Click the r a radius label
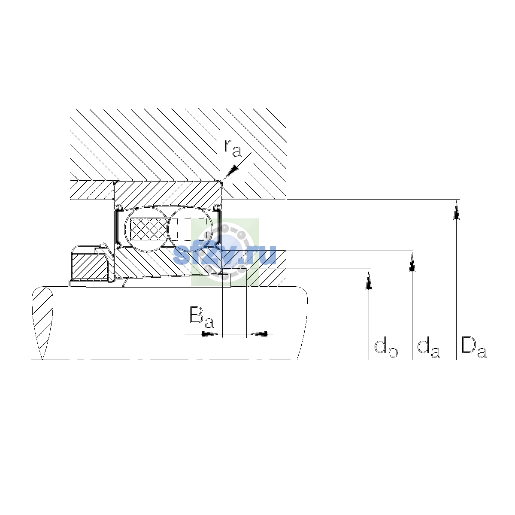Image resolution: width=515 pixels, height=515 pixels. point(233,148)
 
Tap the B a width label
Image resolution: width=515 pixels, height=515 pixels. point(202,317)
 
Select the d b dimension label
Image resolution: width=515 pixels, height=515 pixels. point(386,348)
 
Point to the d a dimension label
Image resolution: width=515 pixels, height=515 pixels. point(428,348)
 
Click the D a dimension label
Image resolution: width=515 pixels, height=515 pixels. point(474,348)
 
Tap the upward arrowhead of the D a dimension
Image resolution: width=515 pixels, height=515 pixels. point(457,211)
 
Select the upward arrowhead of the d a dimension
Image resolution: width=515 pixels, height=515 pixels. point(412,262)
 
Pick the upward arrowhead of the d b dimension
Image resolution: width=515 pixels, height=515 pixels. point(369,280)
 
